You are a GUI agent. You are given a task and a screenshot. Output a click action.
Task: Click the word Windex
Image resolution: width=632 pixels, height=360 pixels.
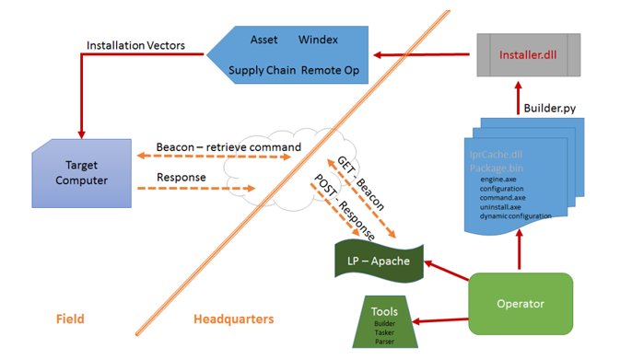[x=320, y=41]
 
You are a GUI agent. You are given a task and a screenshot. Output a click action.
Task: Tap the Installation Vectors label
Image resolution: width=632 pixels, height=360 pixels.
[x=135, y=45]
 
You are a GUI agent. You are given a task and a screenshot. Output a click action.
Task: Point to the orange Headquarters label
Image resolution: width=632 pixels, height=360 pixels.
[x=233, y=319]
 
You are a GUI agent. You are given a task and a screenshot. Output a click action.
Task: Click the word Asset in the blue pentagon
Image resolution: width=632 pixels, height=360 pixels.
[x=264, y=41]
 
